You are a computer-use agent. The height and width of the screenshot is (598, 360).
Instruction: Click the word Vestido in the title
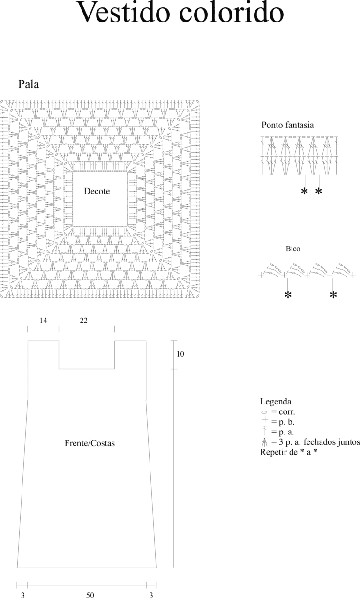pyautogui.click(x=123, y=12)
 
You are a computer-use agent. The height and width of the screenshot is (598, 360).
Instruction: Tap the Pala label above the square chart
pyautogui.click(x=29, y=84)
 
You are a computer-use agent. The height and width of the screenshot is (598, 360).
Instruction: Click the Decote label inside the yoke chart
pyautogui.click(x=97, y=191)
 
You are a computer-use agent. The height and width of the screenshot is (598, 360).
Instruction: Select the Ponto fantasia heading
pyautogui.click(x=288, y=125)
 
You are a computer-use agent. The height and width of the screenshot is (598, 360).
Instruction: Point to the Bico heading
pyautogui.click(x=293, y=249)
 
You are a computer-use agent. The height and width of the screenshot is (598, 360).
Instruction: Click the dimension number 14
pyautogui.click(x=43, y=321)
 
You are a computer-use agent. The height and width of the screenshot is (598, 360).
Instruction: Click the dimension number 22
pyautogui.click(x=83, y=321)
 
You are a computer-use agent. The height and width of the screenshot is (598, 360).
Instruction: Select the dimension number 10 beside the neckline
pyautogui.click(x=180, y=354)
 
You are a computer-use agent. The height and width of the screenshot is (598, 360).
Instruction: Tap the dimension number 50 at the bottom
pyautogui.click(x=90, y=595)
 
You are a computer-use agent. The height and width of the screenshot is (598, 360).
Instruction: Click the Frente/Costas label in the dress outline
pyautogui.click(x=90, y=443)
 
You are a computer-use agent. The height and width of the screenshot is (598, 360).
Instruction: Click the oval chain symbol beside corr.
pyautogui.click(x=264, y=412)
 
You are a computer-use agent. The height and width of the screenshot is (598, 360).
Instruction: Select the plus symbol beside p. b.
pyautogui.click(x=265, y=420)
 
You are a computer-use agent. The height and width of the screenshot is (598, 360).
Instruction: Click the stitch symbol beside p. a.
pyautogui.click(x=265, y=431)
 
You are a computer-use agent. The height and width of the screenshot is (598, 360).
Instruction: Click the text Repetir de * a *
pyautogui.click(x=289, y=452)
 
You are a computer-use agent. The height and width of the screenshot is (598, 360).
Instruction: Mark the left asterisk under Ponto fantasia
pyautogui.click(x=304, y=191)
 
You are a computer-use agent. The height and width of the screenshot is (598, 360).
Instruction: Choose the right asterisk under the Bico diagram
pyautogui.click(x=333, y=295)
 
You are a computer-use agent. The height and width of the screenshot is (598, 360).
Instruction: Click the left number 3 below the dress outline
pyautogui.click(x=23, y=595)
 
